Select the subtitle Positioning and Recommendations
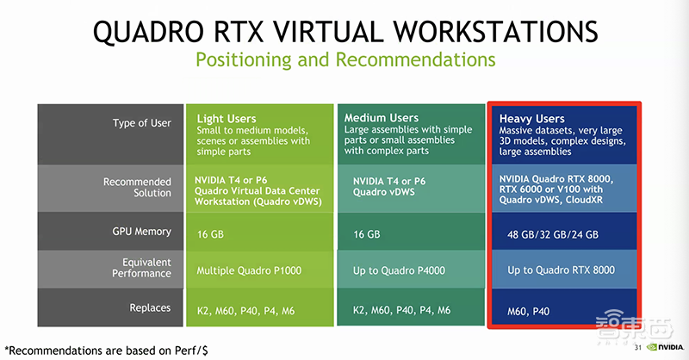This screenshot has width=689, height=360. tap(344, 60)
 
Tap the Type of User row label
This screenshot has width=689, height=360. tap(141, 123)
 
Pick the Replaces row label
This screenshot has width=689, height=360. tap(150, 307)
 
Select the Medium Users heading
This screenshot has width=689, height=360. tap(382, 117)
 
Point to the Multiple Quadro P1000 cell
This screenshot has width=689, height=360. tap(250, 270)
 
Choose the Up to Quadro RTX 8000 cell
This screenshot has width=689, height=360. tap(561, 270)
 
